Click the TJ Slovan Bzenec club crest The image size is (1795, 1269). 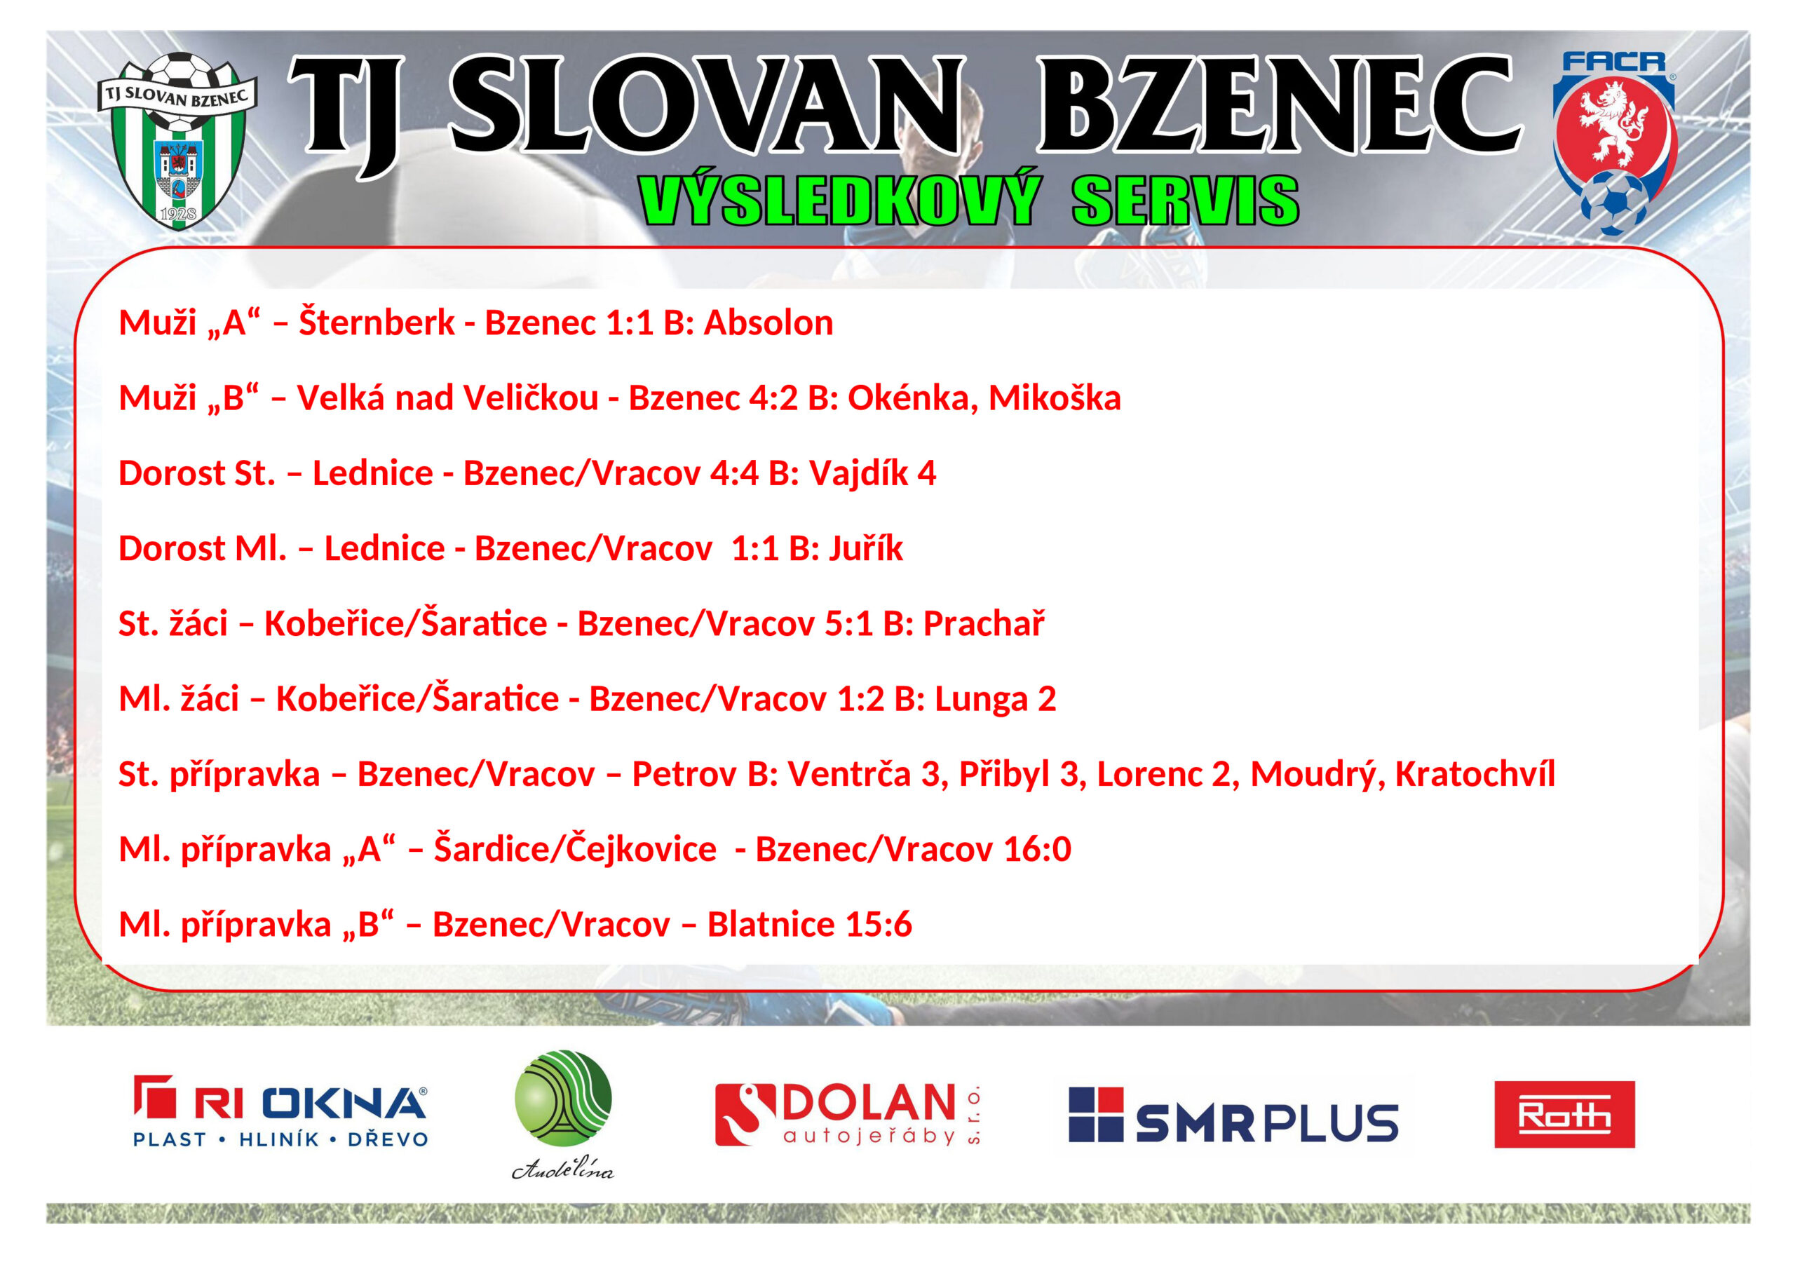point(177,141)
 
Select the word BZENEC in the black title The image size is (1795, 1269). point(1279,107)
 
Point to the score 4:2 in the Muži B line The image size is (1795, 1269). point(773,398)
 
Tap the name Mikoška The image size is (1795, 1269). point(1055,398)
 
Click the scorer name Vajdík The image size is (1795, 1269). point(858,474)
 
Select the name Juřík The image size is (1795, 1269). point(865,549)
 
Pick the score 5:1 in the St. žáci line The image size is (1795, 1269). point(849,624)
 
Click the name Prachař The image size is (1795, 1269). point(984,623)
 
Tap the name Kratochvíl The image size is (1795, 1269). point(1475,774)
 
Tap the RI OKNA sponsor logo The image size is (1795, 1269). point(280,1113)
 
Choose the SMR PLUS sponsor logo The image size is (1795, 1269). point(1233,1115)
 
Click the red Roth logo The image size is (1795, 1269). point(1564,1114)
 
